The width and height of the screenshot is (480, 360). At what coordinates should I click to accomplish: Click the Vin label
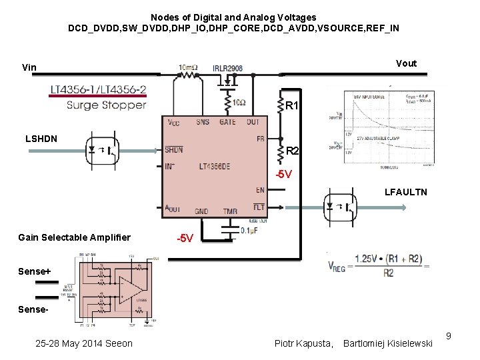(x=29, y=67)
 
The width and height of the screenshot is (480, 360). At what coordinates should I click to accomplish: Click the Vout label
(x=406, y=63)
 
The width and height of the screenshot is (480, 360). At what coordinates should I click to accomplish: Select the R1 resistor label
(x=292, y=106)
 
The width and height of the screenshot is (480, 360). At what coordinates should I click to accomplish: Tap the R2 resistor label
(x=292, y=151)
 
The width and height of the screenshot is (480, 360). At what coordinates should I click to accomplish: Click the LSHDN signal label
(x=41, y=139)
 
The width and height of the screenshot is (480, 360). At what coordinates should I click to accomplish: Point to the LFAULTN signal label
(x=406, y=192)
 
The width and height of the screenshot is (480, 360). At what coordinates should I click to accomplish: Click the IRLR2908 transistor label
(x=228, y=68)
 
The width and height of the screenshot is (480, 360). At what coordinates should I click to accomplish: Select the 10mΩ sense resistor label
(x=187, y=67)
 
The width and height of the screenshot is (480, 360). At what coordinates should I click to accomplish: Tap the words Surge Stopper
(x=106, y=105)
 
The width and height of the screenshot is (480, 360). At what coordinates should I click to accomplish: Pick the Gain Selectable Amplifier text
(x=75, y=238)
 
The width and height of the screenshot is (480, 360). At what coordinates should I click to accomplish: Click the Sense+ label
(x=35, y=271)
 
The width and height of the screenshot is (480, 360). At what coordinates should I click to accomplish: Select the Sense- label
(x=33, y=311)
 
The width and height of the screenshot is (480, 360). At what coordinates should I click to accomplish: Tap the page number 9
(x=449, y=335)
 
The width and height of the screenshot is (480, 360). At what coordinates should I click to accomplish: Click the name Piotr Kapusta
(x=303, y=343)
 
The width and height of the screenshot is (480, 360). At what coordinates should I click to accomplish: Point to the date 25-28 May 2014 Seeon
(x=84, y=343)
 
